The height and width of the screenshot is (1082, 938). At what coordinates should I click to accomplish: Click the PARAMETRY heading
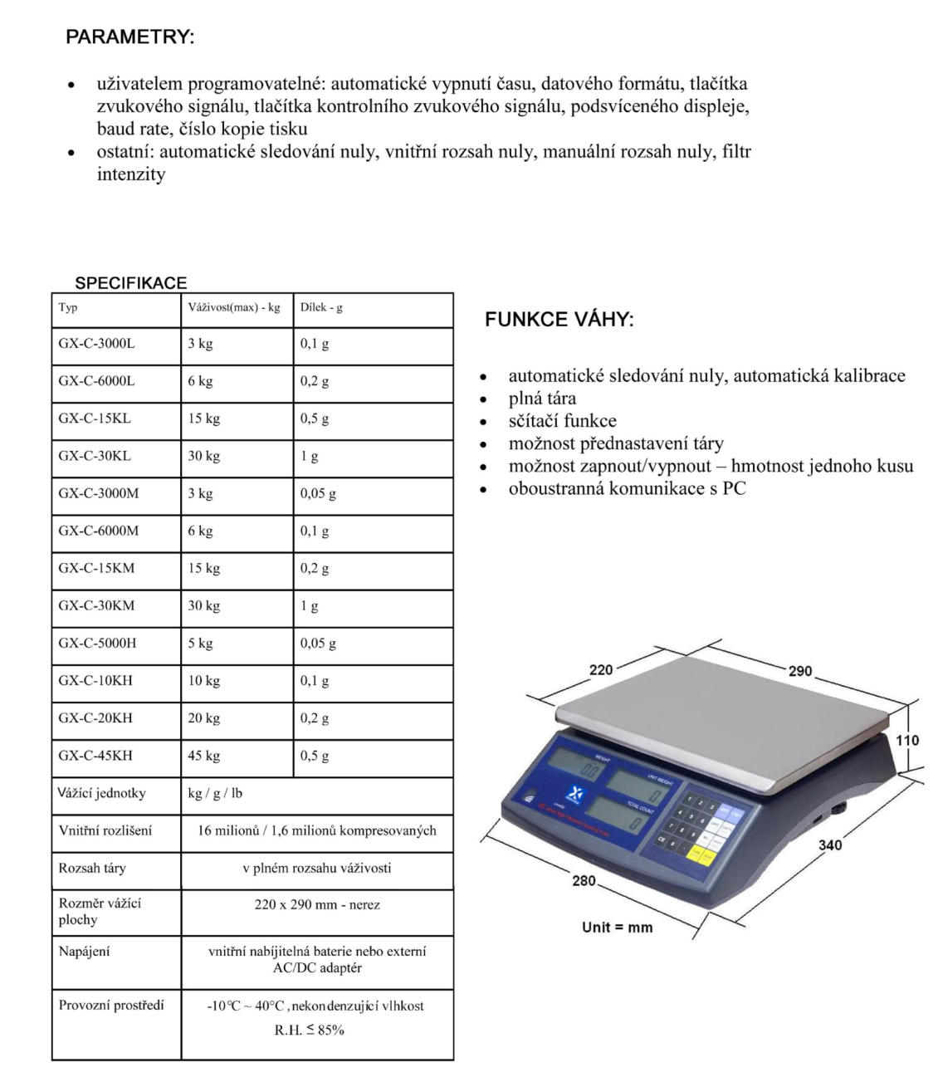coord(129,37)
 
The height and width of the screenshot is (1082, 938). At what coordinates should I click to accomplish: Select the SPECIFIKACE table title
coord(131,282)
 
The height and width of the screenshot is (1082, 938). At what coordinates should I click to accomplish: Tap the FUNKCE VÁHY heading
coord(559,320)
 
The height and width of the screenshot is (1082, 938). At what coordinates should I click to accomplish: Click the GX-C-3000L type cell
coord(96,344)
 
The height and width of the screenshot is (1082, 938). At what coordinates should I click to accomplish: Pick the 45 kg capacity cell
coord(204,756)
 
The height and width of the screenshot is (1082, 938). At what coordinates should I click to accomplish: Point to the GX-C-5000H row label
coord(97,644)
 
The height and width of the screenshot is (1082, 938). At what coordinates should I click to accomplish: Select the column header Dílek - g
coord(321,307)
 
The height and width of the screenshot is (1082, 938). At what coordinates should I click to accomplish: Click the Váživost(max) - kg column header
coord(234,307)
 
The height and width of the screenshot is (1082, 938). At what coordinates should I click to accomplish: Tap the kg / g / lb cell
coord(215,793)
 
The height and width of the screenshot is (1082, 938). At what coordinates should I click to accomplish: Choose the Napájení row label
coord(84,952)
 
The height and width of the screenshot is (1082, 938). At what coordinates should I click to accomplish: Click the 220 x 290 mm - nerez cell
coord(317,905)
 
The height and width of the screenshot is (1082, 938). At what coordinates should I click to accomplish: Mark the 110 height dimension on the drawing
coord(908,741)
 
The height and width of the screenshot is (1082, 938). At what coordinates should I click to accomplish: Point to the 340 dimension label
coord(830,845)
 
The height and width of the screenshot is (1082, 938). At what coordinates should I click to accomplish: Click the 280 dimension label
coord(584,880)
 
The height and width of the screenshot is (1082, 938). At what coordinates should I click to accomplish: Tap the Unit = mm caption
coord(617,928)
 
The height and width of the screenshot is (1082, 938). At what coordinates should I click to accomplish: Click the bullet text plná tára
coord(542,399)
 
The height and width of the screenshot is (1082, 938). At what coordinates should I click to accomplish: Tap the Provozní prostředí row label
coord(111,1006)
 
